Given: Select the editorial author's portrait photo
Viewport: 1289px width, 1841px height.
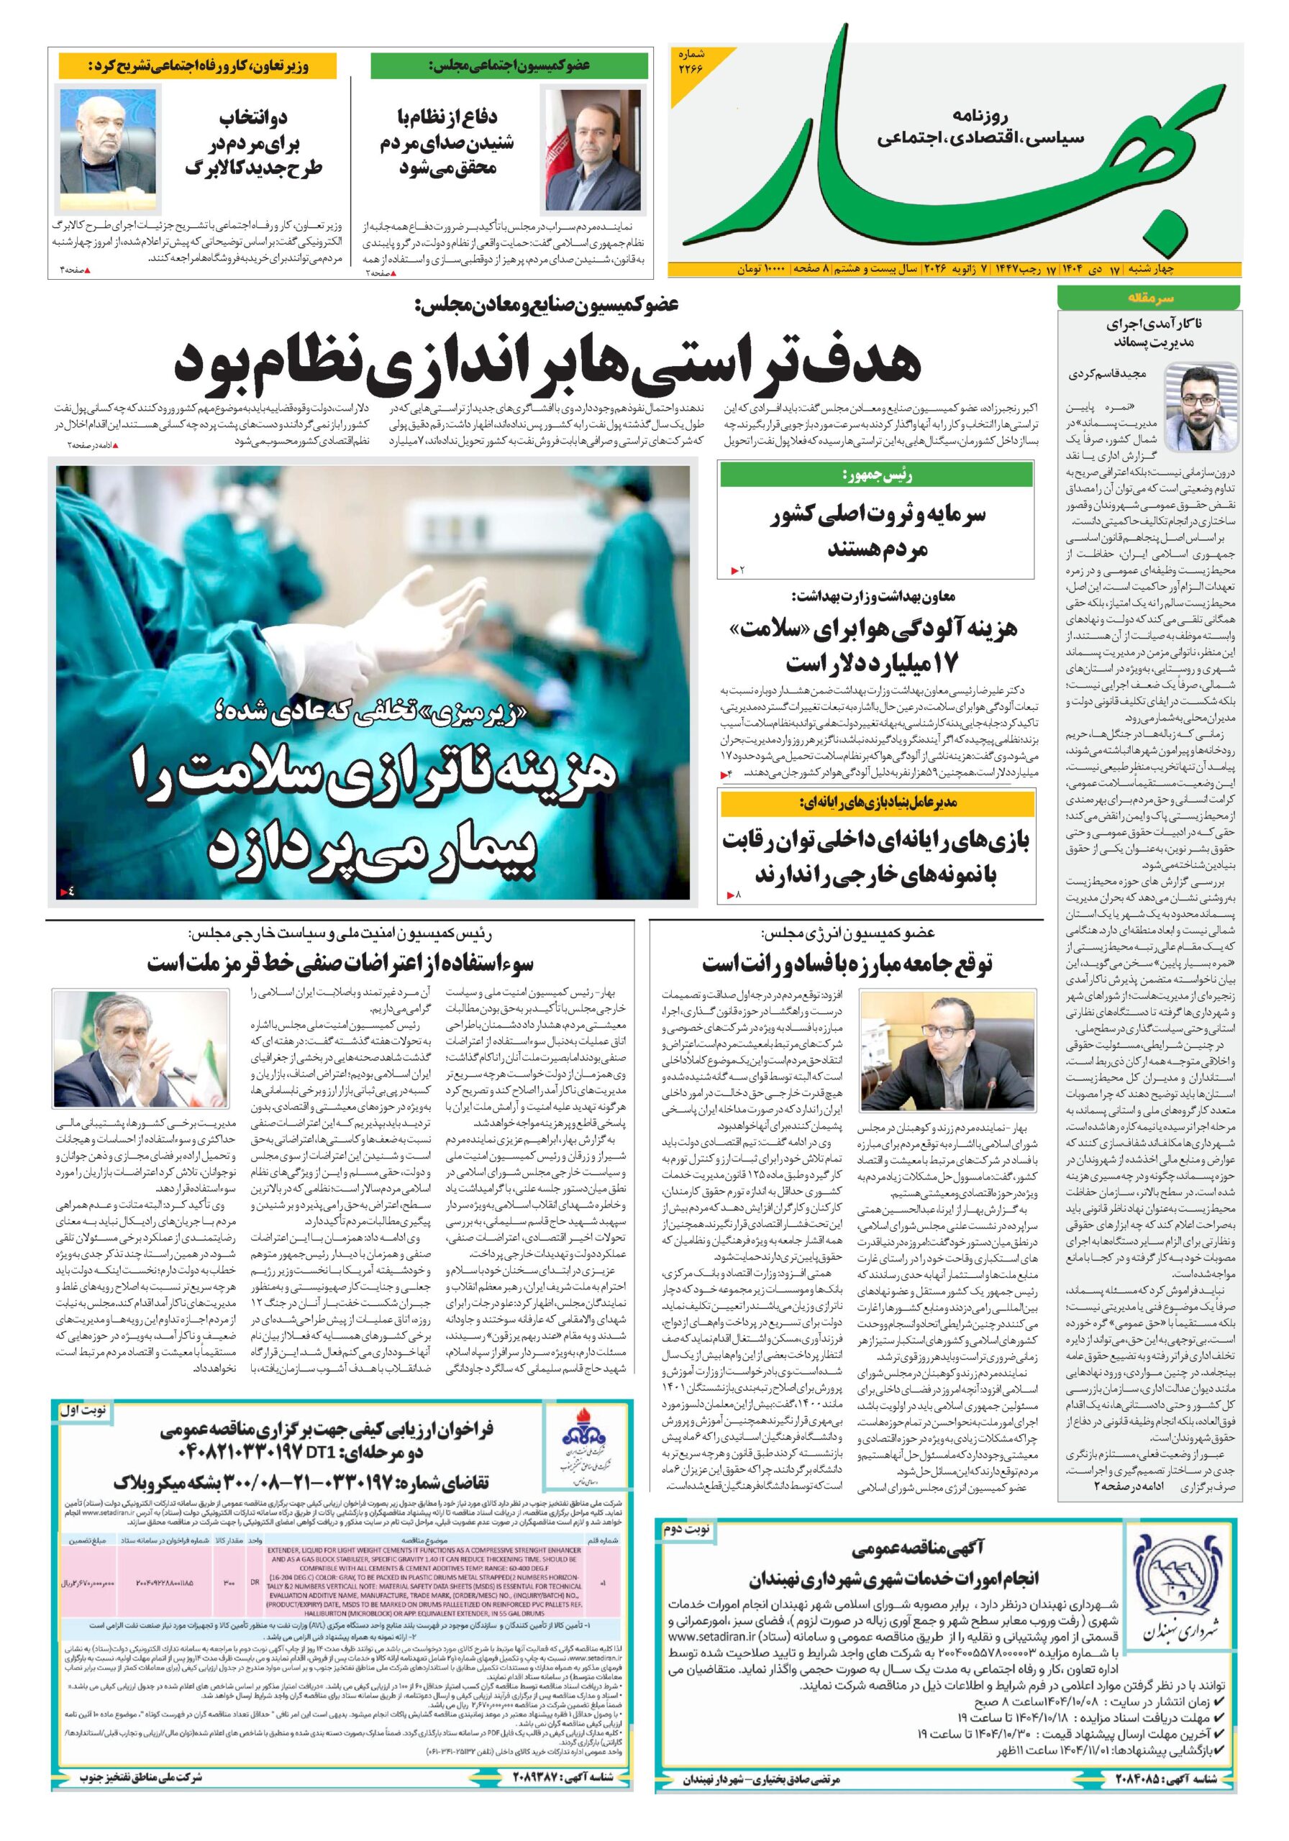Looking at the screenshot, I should pos(1201,406).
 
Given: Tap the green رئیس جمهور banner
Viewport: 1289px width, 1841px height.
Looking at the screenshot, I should pos(876,475).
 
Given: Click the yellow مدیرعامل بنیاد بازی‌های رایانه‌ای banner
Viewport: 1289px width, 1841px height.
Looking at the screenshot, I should pos(876,803).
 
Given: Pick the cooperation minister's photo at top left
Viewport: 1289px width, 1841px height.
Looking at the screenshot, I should pos(107,141).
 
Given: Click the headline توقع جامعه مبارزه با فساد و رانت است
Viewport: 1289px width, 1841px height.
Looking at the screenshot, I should pos(847,963).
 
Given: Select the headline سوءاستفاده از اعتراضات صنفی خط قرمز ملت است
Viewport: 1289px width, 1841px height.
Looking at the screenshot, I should pos(340,963).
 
